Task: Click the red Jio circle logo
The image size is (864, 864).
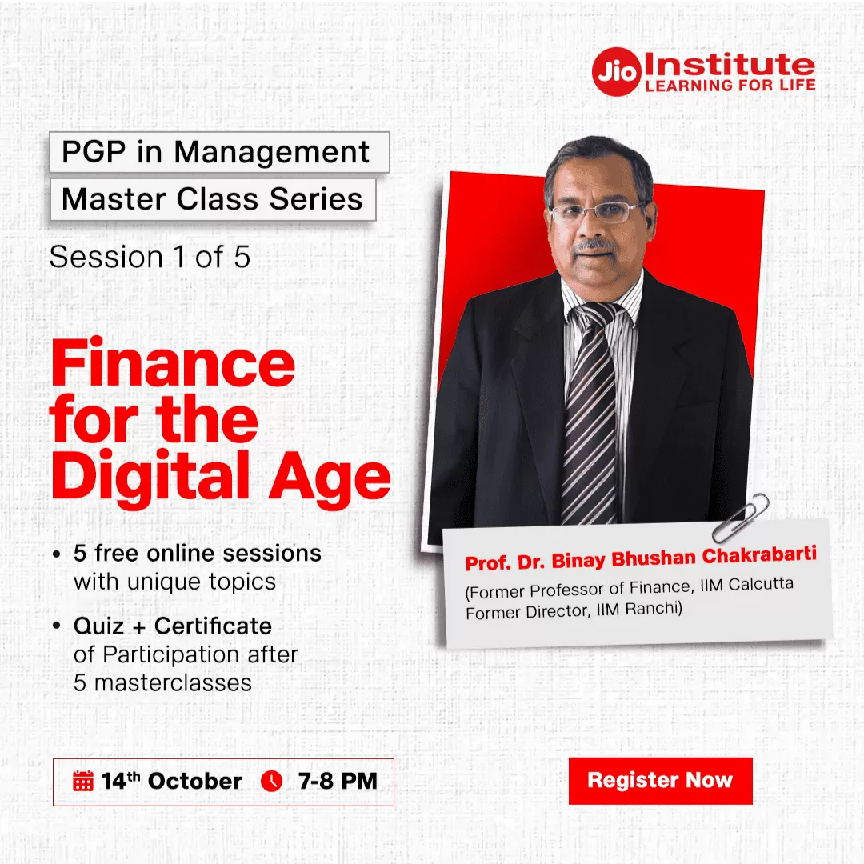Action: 617,72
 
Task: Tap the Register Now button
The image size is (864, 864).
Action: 660,780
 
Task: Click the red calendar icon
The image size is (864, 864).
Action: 83,781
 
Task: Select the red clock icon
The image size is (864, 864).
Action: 272,781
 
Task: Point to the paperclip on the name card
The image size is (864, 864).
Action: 741,518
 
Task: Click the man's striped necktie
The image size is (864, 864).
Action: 590,414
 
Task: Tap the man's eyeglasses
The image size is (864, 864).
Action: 596,212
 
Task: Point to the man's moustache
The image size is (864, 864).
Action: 594,246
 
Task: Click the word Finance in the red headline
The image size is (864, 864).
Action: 173,364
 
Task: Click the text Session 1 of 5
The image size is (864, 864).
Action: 150,257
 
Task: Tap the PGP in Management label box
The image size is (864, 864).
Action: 219,152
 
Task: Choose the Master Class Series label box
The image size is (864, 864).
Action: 213,199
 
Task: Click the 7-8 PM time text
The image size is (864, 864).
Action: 338,781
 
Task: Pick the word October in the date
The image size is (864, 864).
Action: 195,781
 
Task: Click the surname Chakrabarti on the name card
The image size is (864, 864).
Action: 759,554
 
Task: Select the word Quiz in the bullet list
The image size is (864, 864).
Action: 98,626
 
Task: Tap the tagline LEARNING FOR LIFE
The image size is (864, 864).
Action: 730,85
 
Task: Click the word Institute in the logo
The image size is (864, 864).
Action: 729,64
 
